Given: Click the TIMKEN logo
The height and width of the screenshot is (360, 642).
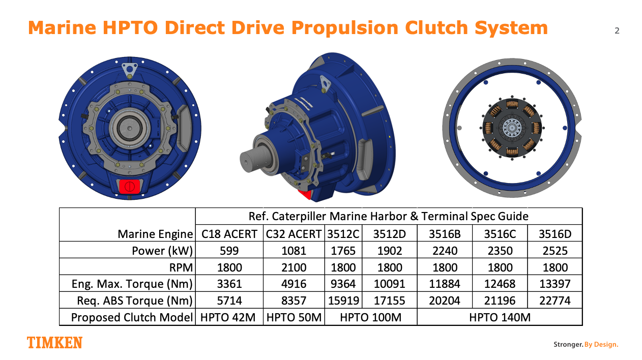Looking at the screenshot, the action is click(x=55, y=343).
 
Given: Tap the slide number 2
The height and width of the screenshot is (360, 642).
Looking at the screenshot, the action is click(x=617, y=31).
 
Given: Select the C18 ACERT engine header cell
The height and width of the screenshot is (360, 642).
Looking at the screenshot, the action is click(x=229, y=234).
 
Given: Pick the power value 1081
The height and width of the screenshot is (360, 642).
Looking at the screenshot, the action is click(x=294, y=251).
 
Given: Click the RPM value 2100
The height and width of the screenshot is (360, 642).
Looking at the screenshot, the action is click(x=294, y=267).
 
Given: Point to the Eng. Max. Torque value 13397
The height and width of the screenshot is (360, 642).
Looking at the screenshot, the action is click(x=555, y=284).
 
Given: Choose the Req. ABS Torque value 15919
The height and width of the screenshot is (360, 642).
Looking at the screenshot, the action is click(x=343, y=301).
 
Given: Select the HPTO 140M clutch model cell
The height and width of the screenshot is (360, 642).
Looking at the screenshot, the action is click(x=500, y=317).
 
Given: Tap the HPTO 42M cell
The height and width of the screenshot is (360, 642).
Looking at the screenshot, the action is click(x=228, y=317).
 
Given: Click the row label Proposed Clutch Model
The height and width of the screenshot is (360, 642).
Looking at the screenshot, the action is click(x=132, y=317).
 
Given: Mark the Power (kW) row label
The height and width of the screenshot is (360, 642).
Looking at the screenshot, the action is click(x=162, y=251).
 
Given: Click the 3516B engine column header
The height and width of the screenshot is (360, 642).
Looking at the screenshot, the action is click(x=445, y=234).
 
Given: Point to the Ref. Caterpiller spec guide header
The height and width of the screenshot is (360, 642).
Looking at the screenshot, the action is click(x=388, y=216).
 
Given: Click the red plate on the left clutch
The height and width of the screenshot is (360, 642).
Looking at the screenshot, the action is click(x=130, y=187).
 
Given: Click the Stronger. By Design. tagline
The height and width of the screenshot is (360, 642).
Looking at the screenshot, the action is click(x=586, y=344).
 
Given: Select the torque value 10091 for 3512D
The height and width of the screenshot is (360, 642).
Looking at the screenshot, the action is click(x=390, y=284).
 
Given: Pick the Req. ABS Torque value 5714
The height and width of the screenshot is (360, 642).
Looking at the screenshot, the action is click(x=229, y=301).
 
